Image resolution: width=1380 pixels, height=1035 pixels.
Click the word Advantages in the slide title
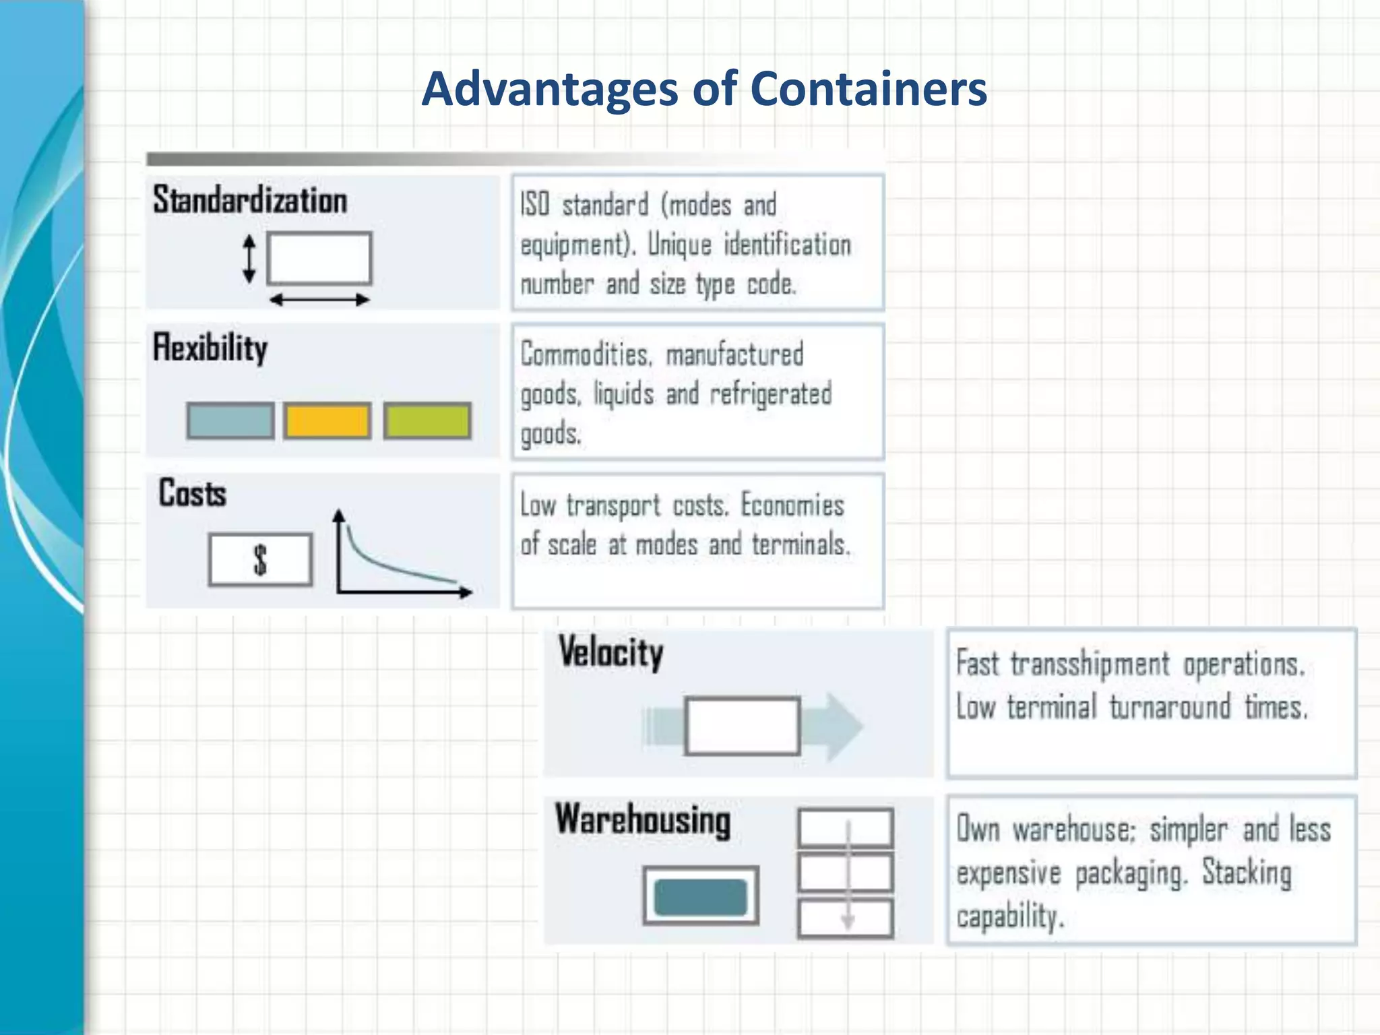click(548, 89)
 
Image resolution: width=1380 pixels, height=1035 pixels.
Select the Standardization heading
click(250, 200)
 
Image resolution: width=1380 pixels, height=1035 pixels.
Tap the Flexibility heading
click(210, 348)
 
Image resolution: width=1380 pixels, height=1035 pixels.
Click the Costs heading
click(193, 493)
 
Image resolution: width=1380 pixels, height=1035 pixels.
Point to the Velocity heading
click(610, 652)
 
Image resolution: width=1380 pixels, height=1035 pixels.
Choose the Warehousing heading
click(643, 820)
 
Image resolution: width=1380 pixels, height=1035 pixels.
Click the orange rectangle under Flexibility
click(327, 421)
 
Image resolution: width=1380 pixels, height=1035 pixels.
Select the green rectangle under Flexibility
click(427, 421)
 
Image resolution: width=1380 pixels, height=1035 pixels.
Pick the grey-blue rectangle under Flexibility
click(230, 421)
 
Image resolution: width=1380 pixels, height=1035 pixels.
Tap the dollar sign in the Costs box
click(260, 560)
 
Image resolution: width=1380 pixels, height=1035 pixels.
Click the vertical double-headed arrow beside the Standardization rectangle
click(249, 259)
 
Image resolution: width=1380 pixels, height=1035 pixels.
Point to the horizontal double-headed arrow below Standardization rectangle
click(319, 300)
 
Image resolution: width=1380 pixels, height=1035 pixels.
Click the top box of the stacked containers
click(846, 828)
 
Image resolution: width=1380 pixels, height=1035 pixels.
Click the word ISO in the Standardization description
click(535, 204)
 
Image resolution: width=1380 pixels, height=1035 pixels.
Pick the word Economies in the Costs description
click(792, 505)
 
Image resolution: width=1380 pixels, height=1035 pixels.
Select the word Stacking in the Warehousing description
click(1247, 873)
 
